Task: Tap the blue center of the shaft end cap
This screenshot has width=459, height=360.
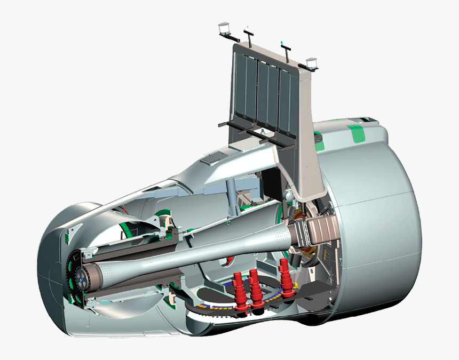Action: (x=81, y=277)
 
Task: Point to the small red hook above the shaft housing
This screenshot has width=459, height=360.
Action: (x=126, y=210)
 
